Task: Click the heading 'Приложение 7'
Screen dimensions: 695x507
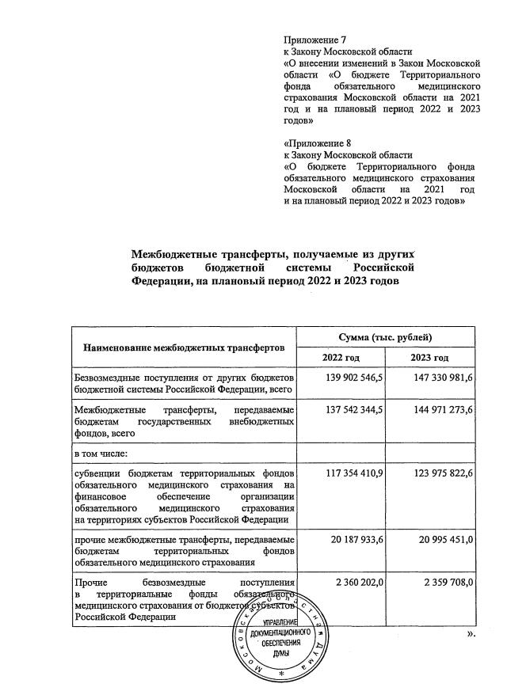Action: point(315,38)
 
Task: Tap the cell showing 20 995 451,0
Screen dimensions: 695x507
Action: point(437,539)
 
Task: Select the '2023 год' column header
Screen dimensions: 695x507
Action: point(429,359)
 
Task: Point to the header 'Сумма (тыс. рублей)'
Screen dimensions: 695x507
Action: point(385,337)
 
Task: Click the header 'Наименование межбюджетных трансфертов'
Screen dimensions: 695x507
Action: point(182,347)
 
